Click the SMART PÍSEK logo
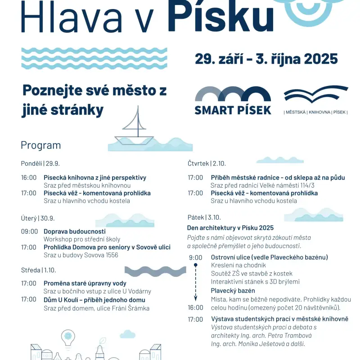click(x=233, y=100)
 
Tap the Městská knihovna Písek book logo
click(x=316, y=100)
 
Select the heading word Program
click(x=40, y=145)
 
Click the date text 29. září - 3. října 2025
click(x=266, y=59)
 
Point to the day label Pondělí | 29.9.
click(x=40, y=163)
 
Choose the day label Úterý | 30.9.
click(x=37, y=218)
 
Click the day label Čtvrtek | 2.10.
click(x=207, y=163)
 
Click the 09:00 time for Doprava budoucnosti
click(x=29, y=231)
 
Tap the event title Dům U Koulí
click(x=94, y=300)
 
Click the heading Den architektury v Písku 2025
click(x=230, y=228)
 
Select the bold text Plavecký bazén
click(x=233, y=291)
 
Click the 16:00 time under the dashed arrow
click(x=196, y=307)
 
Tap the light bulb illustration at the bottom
click(x=68, y=337)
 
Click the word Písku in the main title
click(x=220, y=17)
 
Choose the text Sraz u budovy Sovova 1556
click(x=81, y=255)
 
